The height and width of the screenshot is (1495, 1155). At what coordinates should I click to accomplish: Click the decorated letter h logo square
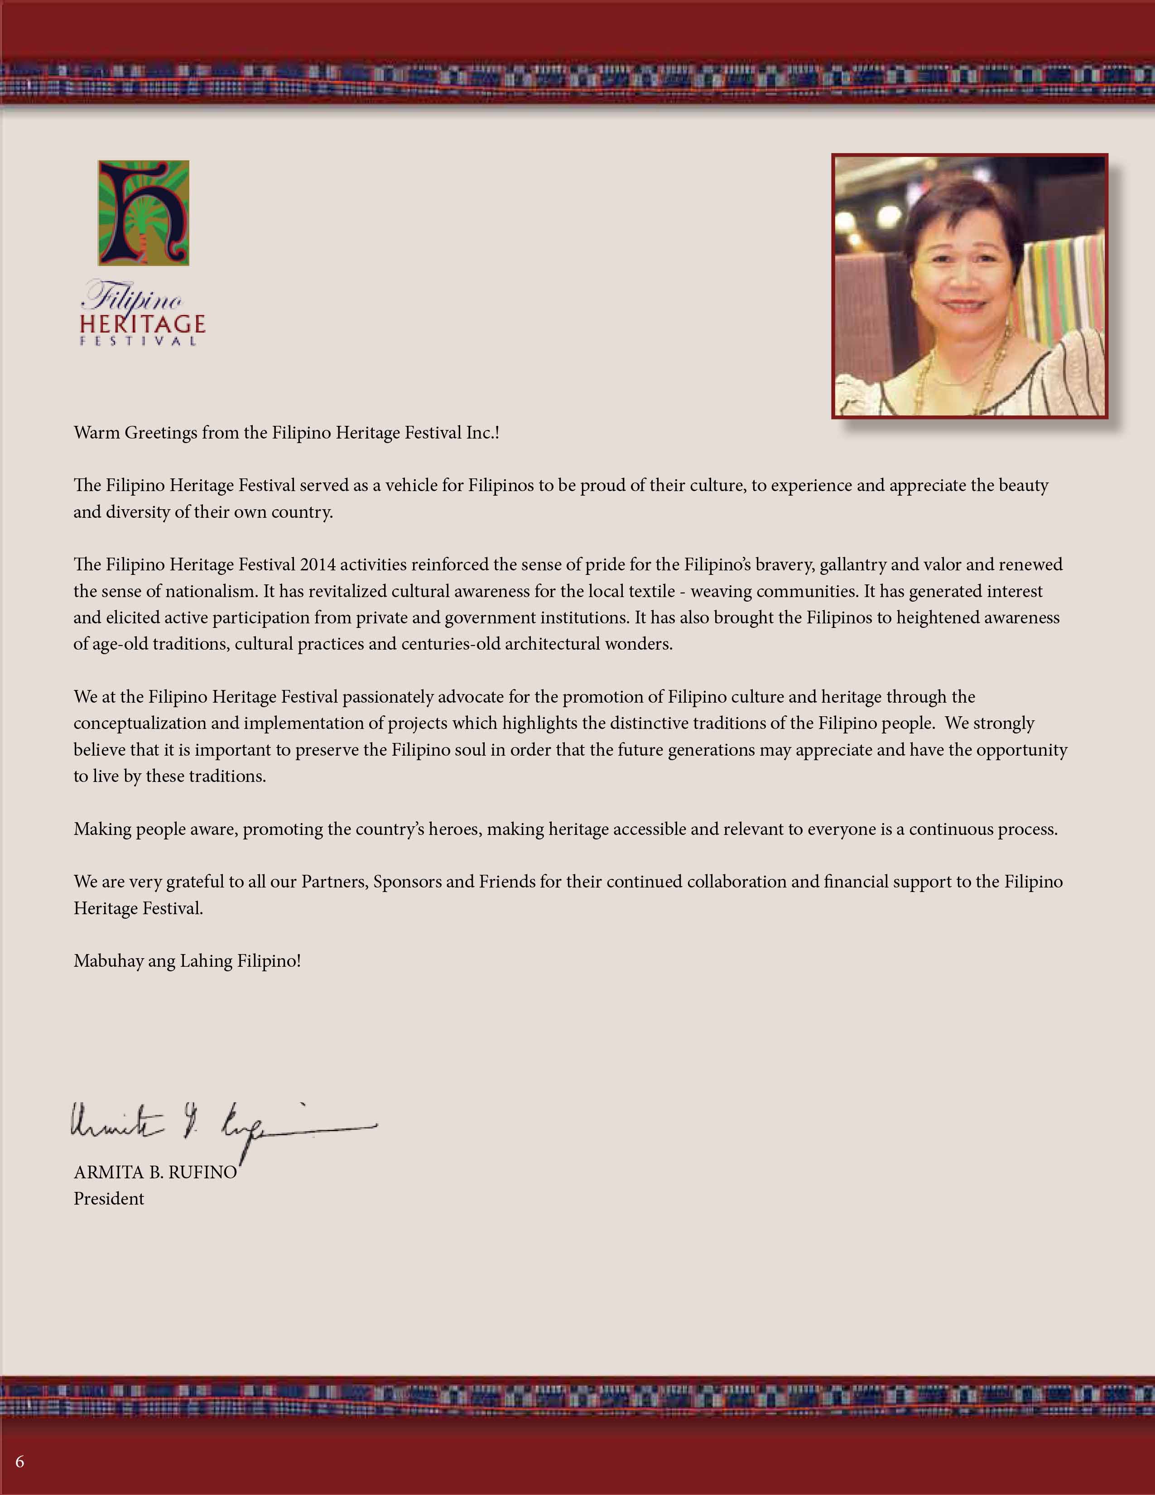coord(144,213)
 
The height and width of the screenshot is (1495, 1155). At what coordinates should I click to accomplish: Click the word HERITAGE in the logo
coord(142,324)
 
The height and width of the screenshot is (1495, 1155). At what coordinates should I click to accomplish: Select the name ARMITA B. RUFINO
coord(155,1172)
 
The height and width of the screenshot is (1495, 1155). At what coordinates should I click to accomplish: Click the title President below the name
coord(109,1199)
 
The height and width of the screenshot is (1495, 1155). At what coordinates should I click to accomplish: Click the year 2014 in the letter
coord(318,565)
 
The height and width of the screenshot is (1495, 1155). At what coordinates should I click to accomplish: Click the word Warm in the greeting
coord(96,433)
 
